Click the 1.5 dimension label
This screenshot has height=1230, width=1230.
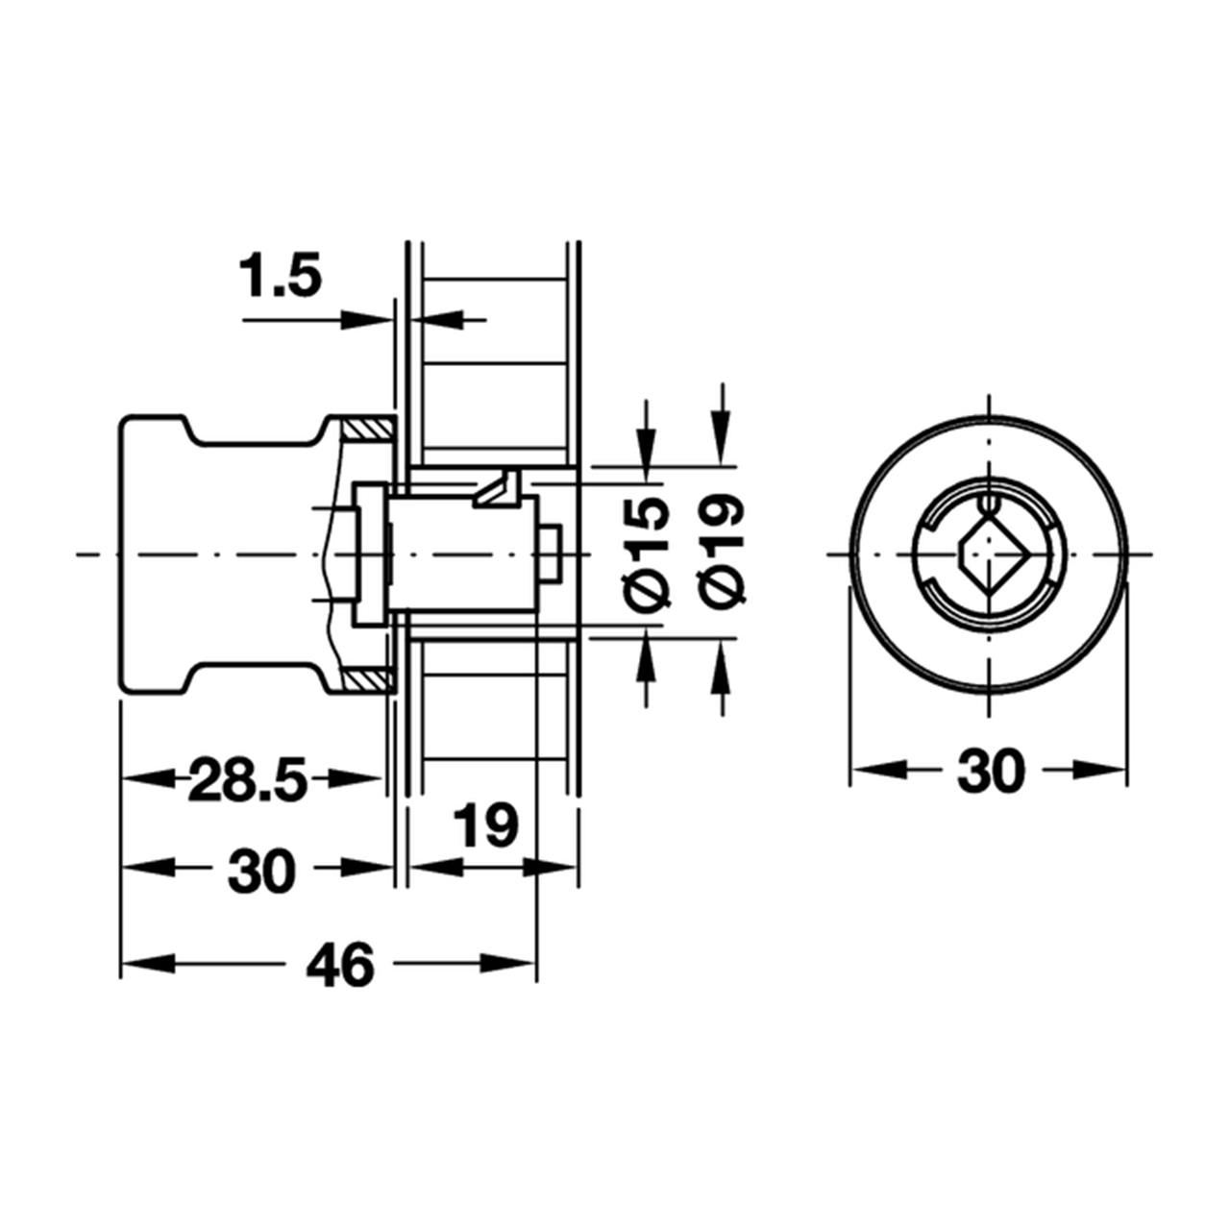280,276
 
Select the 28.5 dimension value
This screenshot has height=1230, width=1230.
248,779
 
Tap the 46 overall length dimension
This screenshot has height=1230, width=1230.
339,964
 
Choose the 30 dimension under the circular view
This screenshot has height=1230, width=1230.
991,771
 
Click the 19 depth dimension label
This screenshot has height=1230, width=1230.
485,825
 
